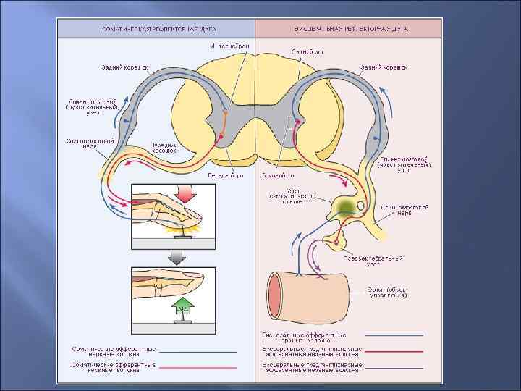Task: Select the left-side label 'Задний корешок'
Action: [x=124, y=67]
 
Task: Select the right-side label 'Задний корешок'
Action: [x=383, y=67]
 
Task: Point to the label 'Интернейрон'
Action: [x=229, y=46]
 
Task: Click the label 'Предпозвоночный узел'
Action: [x=384, y=261]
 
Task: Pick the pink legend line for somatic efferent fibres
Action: [x=198, y=367]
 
